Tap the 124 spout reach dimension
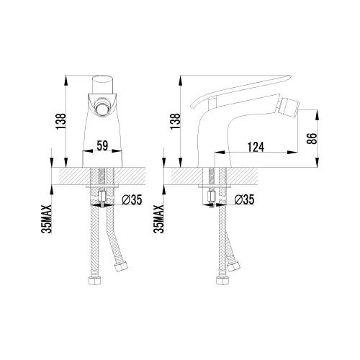coord(256,147)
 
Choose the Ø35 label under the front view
coord(132,199)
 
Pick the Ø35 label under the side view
coord(244,199)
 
